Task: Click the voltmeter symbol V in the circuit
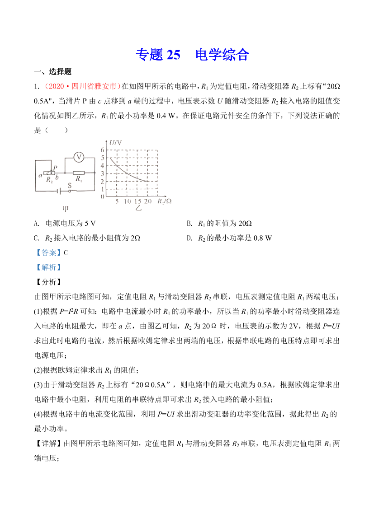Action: pos(79,157)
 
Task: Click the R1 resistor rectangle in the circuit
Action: pos(79,172)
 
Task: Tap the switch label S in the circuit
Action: pos(69,185)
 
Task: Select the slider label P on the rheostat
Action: pos(55,167)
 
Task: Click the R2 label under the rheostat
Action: pos(50,179)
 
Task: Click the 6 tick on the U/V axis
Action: pos(103,150)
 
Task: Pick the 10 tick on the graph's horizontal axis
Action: pos(127,201)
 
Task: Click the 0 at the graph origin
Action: pos(102,197)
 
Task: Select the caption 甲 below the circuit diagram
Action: pos(65,209)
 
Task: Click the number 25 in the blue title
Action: pos(173,55)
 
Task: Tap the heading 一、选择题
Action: pos(53,72)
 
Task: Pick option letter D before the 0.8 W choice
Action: pos(189,238)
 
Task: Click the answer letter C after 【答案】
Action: pos(66,252)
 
